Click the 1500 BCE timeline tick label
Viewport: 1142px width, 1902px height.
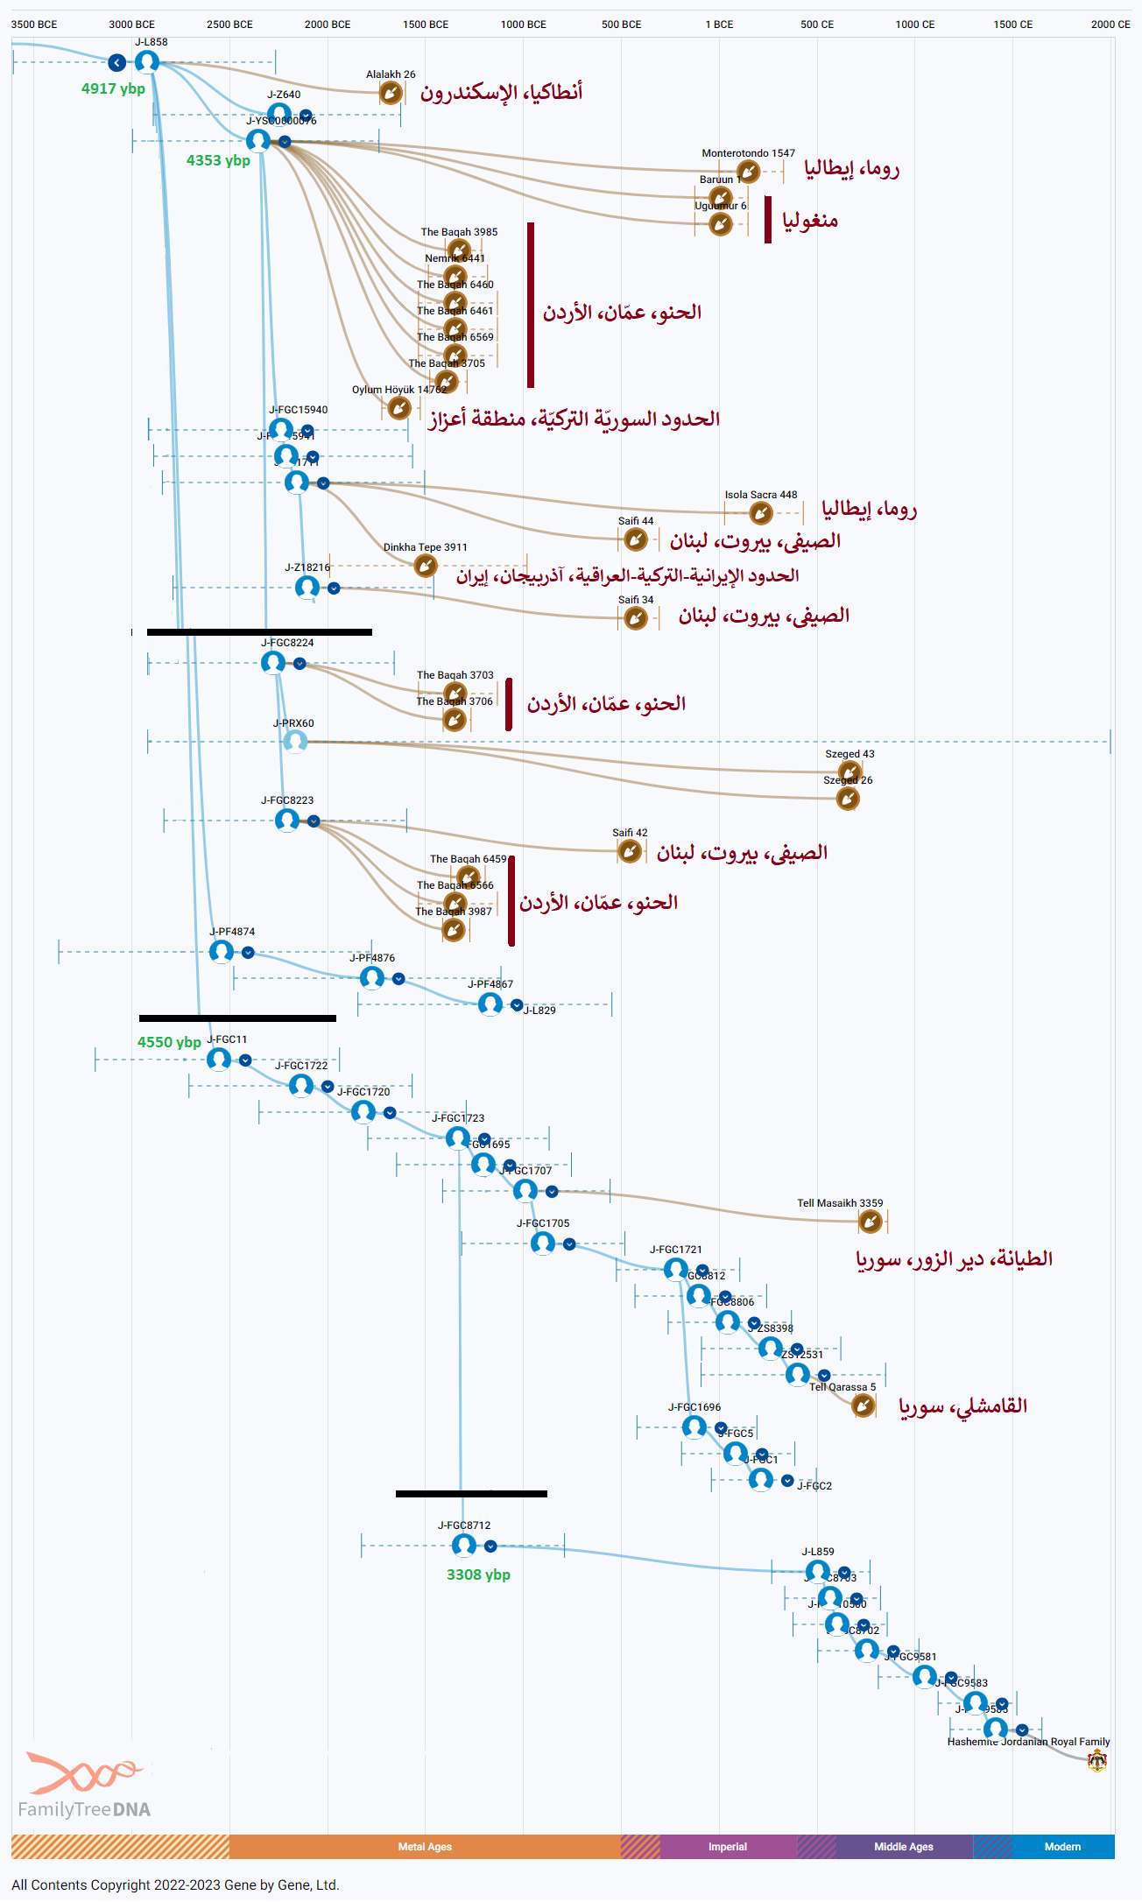point(426,25)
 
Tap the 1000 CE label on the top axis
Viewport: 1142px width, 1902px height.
point(914,25)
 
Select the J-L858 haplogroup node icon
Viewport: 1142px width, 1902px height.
point(147,61)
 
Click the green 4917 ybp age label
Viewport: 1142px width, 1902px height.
point(113,88)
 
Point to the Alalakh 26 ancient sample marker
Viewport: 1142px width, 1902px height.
point(391,93)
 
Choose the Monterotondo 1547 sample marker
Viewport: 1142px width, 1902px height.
point(748,171)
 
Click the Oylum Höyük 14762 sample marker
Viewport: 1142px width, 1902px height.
point(399,407)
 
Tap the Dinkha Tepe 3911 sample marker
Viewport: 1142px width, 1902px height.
point(426,565)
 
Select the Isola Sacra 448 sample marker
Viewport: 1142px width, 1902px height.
point(761,512)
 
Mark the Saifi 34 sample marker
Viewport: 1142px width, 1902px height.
point(636,618)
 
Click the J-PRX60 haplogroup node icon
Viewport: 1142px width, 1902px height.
point(295,741)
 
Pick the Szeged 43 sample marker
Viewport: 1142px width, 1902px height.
point(849,771)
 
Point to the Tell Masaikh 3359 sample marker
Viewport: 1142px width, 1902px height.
point(870,1221)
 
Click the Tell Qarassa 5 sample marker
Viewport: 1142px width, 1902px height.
point(864,1405)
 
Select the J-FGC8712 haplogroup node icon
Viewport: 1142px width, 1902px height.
point(464,1545)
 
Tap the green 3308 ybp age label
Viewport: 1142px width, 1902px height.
point(478,1574)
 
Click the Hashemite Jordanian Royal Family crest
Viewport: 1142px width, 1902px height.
point(1097,1761)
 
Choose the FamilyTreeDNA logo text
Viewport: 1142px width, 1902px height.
point(84,1809)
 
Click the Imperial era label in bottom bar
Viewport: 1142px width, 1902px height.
point(728,1847)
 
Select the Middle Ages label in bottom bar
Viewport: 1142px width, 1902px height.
point(904,1847)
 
